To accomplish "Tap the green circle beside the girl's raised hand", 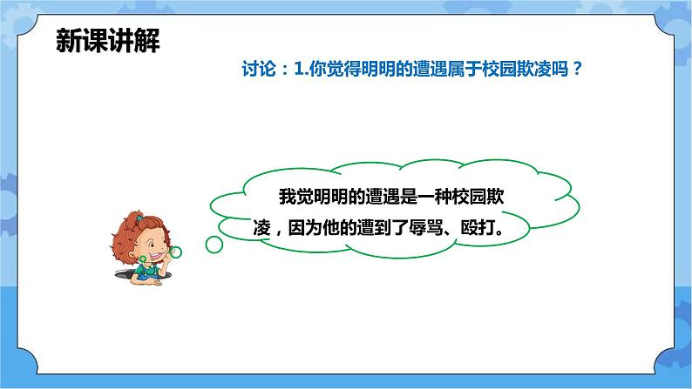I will coord(175,252).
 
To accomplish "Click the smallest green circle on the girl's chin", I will coord(142,258).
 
